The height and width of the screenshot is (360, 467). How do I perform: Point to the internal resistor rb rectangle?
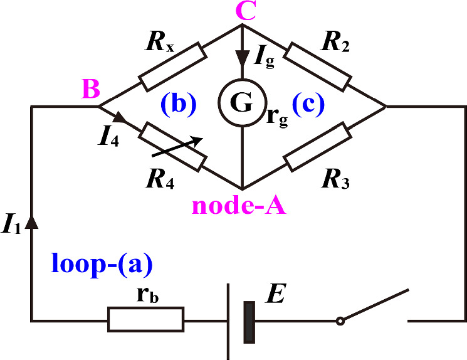tap(146, 319)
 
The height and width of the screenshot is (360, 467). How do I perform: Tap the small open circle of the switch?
tap(340, 321)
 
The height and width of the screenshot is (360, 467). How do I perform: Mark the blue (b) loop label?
tap(177, 105)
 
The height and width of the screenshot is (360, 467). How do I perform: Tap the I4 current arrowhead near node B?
tap(120, 116)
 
